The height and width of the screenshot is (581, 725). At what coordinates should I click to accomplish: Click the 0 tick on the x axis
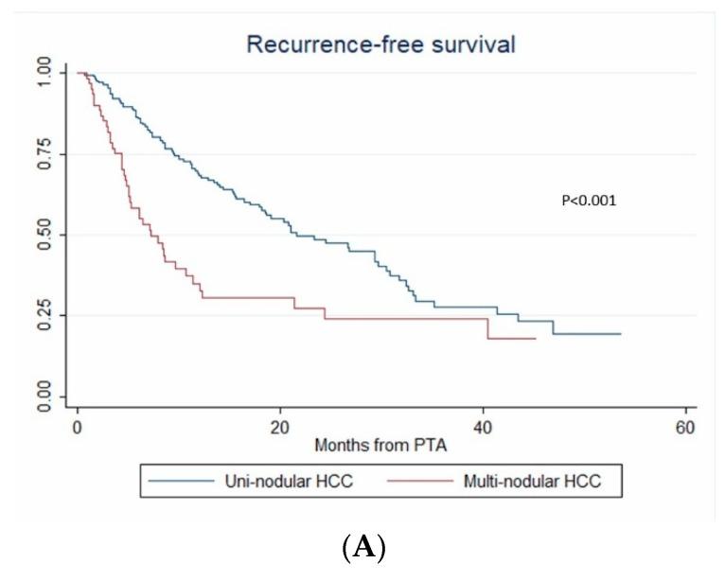pos(77,429)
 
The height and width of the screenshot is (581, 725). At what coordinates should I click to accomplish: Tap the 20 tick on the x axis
pos(280,429)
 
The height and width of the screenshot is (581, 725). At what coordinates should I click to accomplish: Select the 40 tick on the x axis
pos(483,429)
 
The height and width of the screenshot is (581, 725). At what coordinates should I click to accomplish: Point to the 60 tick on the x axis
pos(686,429)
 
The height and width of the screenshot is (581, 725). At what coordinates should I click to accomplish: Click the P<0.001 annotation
pos(590,200)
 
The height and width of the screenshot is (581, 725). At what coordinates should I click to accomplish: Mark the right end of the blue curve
pos(621,334)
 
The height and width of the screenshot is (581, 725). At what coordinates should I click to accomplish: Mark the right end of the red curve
pos(536,338)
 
